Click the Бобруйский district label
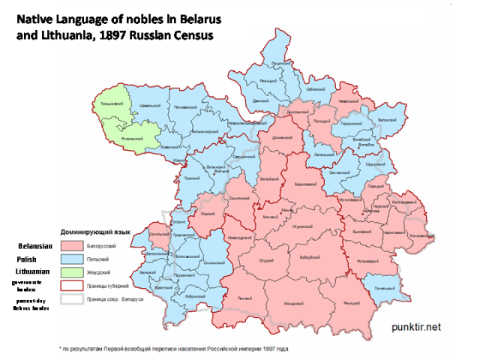point(305,257)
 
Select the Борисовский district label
point(304,184)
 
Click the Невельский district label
point(346,98)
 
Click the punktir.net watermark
point(417,327)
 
